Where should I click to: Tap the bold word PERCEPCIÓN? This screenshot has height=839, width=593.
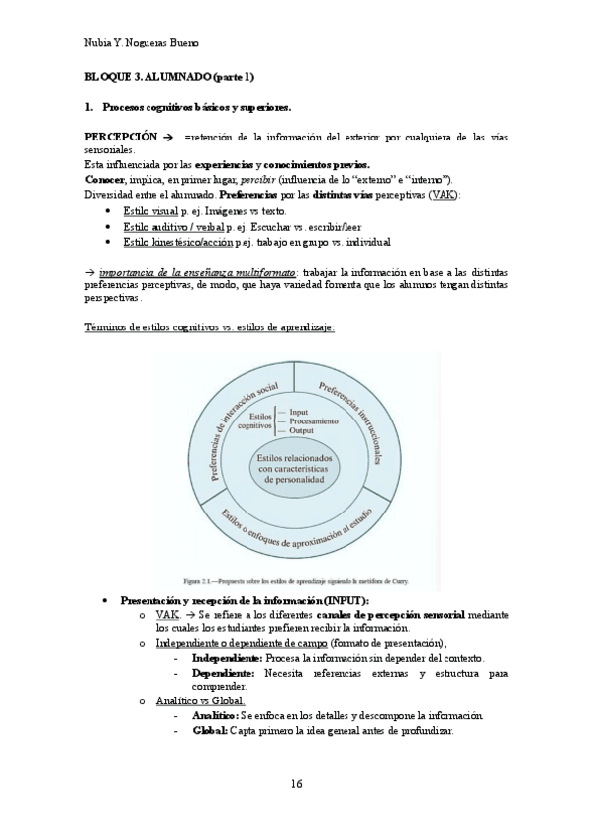[x=121, y=136]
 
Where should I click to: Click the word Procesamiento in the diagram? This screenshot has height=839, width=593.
[x=316, y=420]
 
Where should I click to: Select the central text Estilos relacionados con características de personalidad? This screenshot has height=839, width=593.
[x=297, y=469]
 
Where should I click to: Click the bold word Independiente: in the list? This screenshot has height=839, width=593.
[x=227, y=658]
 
